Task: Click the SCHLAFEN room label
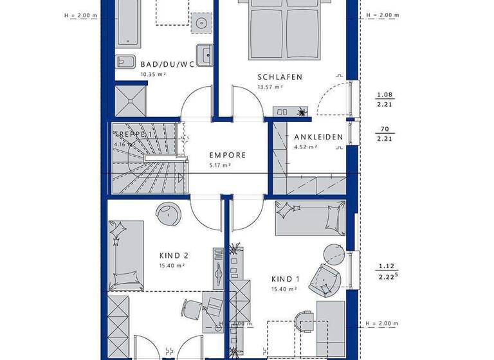(x=280, y=77)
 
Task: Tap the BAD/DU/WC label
(x=167, y=64)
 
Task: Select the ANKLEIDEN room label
(x=318, y=137)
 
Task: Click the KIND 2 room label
(x=172, y=255)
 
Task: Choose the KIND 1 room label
(x=286, y=280)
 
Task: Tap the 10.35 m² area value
(x=153, y=75)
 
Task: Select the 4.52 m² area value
(x=306, y=147)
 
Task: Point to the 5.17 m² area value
(x=220, y=165)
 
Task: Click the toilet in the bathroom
(x=125, y=62)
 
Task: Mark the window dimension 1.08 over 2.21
(x=385, y=99)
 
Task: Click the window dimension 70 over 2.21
(x=385, y=132)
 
